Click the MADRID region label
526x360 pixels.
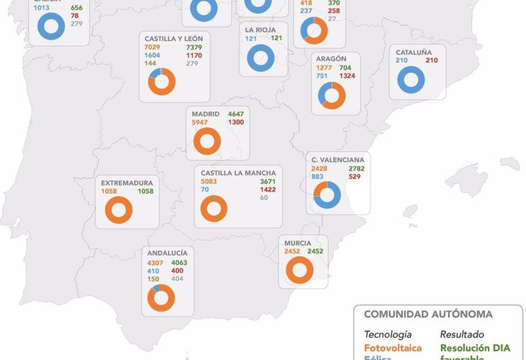205,114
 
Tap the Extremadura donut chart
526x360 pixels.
118,210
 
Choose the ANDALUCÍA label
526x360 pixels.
167,253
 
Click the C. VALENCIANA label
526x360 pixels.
336,159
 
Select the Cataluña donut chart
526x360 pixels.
411,79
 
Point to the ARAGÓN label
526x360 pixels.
331,58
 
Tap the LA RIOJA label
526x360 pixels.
261,30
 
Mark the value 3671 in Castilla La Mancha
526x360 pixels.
269,182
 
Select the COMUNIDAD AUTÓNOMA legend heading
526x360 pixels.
428,315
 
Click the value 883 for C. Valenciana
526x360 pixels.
317,177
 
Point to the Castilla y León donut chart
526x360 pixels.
161,81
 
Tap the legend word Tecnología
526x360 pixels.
388,335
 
